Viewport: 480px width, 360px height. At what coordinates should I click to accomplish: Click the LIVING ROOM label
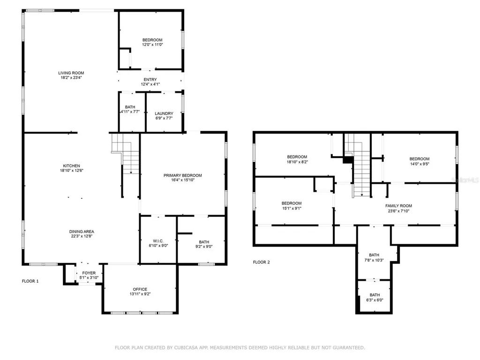click(71, 73)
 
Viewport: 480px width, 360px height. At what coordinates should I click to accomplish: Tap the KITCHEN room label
click(71, 166)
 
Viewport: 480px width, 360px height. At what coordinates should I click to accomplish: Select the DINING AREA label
click(82, 232)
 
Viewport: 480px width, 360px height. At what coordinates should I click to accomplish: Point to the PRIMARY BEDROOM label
click(182, 175)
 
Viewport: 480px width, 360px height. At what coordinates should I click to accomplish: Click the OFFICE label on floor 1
click(140, 289)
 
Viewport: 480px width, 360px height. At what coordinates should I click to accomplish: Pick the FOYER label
click(89, 273)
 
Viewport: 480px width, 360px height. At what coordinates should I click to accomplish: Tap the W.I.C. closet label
click(158, 241)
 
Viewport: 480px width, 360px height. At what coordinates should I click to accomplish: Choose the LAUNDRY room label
click(164, 113)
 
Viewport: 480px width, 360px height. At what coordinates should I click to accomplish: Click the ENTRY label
click(150, 80)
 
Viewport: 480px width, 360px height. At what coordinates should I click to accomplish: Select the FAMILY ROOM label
click(398, 206)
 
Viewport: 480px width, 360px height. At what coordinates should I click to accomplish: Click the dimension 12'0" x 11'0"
click(152, 45)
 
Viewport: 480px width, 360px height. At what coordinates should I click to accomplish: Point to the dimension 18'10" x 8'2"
click(297, 162)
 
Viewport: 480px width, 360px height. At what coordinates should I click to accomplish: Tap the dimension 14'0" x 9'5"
click(420, 164)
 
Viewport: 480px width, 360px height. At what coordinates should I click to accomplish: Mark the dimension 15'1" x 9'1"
click(292, 209)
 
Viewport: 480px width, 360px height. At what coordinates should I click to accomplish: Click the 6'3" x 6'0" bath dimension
click(375, 300)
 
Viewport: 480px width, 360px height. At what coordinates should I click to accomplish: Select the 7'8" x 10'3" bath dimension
click(374, 260)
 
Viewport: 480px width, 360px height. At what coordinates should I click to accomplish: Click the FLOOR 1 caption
click(30, 281)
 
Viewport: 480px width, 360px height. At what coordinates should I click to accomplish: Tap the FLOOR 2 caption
click(262, 262)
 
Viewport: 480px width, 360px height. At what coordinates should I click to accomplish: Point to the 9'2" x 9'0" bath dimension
click(204, 247)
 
